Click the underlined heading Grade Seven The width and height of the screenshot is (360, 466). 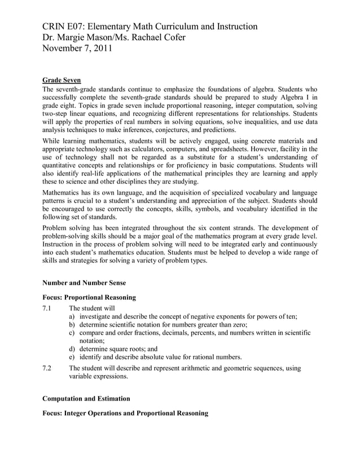(62, 80)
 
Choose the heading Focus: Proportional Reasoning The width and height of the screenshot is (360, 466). (89, 297)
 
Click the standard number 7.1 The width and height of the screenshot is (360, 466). (47, 308)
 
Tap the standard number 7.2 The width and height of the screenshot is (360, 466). (47, 368)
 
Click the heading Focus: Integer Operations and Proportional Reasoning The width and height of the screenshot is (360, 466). (125, 414)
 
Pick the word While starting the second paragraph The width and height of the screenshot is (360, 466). (52, 140)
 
